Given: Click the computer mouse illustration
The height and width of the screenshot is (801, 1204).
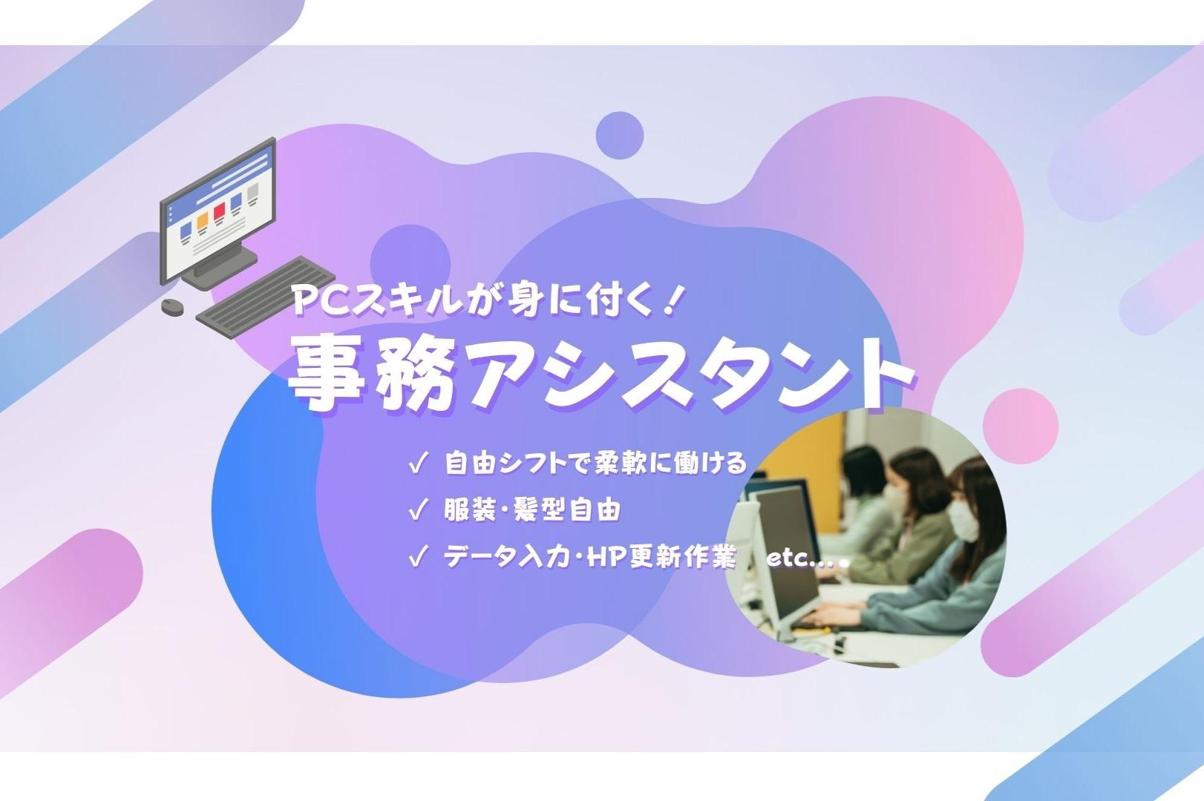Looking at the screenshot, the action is pos(172,307).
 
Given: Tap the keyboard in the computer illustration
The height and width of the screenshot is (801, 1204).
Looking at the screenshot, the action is pos(265,297).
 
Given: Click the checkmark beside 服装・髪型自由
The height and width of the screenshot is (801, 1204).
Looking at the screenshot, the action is pos(419,510).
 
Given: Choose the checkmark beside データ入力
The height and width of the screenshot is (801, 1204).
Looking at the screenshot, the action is pos(419,556).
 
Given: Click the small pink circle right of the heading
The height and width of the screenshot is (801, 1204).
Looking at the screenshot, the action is pos(1020,426).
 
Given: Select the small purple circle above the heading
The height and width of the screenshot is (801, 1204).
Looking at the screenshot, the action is pos(620,136).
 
